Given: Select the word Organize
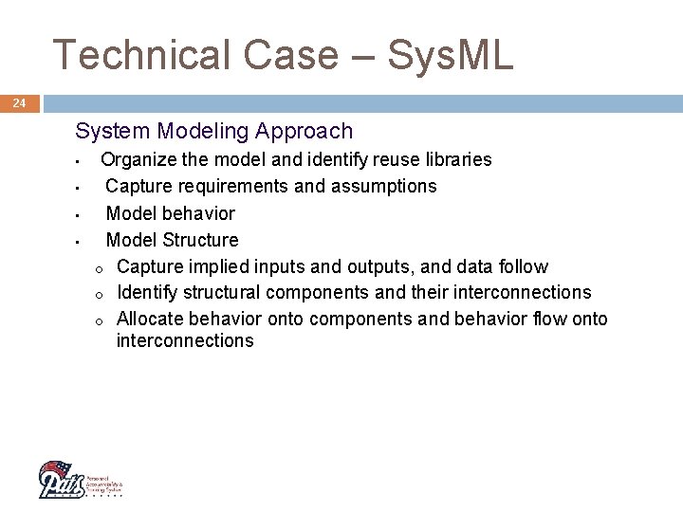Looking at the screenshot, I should (x=138, y=159).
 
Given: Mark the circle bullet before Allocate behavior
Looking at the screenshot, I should (x=99, y=320).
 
